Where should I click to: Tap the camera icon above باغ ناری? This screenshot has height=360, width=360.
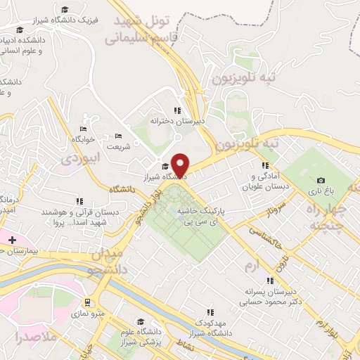click(x=321, y=181)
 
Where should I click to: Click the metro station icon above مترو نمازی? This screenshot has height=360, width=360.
click(x=86, y=303)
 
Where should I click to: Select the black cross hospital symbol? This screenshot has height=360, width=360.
click(x=12, y=240)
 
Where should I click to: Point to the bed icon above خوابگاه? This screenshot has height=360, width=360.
click(x=83, y=129)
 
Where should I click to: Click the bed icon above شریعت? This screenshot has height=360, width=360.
click(x=118, y=136)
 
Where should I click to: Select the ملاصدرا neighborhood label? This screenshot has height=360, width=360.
click(x=28, y=337)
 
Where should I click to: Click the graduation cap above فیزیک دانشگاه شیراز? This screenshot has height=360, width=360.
click(x=65, y=10)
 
